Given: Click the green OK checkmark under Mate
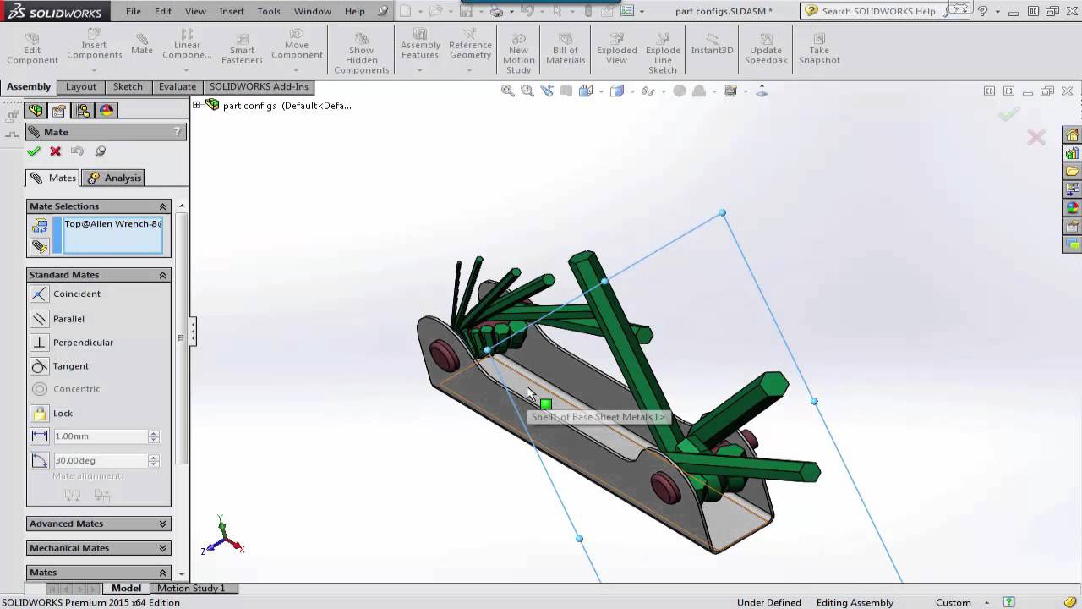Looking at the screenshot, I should click(34, 151).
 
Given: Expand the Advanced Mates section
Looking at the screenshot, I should click(98, 524).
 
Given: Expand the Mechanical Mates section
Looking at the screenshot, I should click(98, 548).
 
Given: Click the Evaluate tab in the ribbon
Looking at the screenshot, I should click(178, 86).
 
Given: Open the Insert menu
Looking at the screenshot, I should click(232, 11).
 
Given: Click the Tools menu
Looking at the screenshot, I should click(269, 11).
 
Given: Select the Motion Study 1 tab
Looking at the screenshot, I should click(191, 588).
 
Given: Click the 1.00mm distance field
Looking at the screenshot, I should click(100, 436).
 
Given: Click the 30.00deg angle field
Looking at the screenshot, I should click(100, 461).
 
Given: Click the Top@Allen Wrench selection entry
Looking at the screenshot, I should click(112, 224).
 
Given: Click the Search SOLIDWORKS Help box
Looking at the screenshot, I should click(879, 11).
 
